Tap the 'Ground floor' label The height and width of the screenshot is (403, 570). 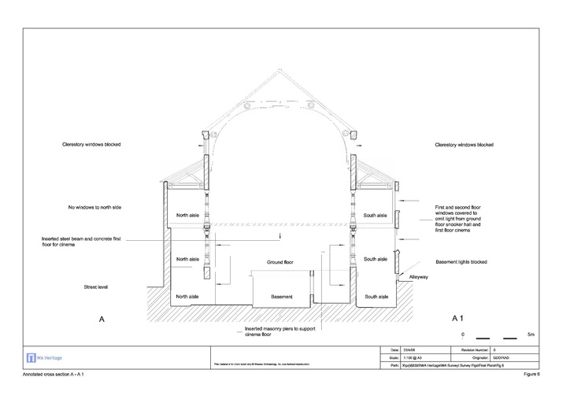coord(279,261)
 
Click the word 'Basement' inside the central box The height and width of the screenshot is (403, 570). coord(281,297)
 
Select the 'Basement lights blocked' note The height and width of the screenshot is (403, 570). coord(461,261)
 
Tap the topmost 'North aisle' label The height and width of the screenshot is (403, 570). coord(187,215)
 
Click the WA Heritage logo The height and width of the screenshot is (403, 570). coord(45,357)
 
